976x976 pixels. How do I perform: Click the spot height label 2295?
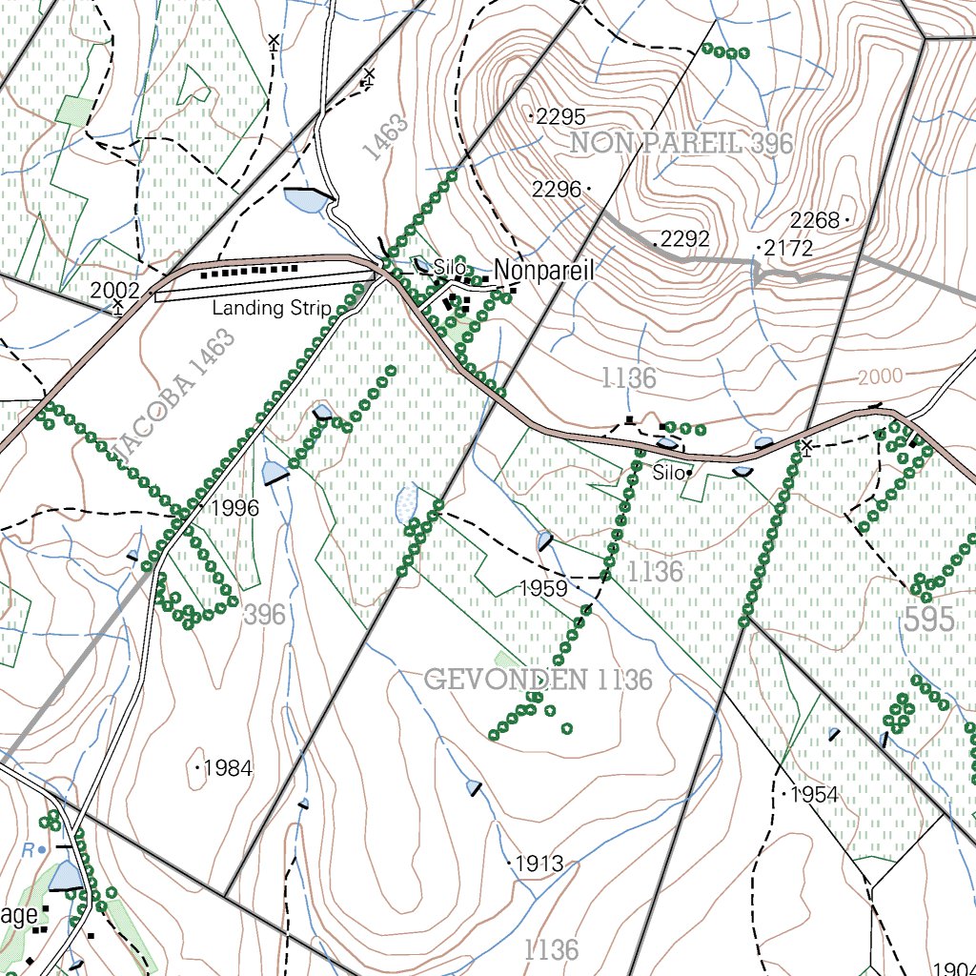point(560,117)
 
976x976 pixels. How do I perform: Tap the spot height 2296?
point(557,190)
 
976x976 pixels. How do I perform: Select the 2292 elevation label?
point(685,239)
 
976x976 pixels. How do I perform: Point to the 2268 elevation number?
point(815,221)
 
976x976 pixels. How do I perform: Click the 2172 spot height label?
point(788,249)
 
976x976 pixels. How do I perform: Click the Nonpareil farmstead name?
point(544,272)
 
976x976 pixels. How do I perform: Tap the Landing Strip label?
point(272,308)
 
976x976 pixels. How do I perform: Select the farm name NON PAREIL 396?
point(681,144)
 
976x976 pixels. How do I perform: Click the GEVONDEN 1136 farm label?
point(539,680)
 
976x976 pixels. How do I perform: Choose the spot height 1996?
point(234,508)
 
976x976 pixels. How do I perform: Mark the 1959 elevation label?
point(543,589)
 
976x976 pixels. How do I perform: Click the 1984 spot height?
point(228,767)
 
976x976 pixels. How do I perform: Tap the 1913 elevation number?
point(539,864)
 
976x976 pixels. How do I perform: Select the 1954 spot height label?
point(814,795)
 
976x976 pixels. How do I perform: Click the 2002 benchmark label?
point(115,291)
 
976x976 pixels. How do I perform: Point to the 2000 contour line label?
point(879,377)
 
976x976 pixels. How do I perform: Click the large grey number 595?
point(928,620)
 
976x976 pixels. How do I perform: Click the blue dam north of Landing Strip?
point(306,200)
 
